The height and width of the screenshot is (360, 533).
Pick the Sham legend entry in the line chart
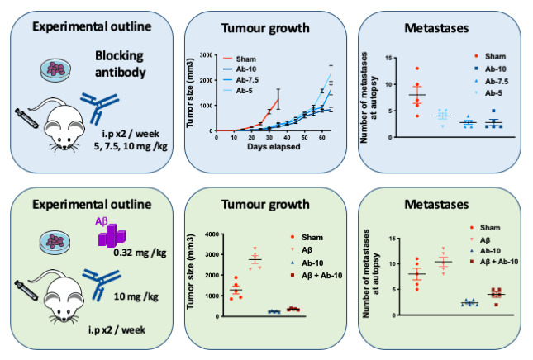247,59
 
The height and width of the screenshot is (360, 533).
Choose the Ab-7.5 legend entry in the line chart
250,80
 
